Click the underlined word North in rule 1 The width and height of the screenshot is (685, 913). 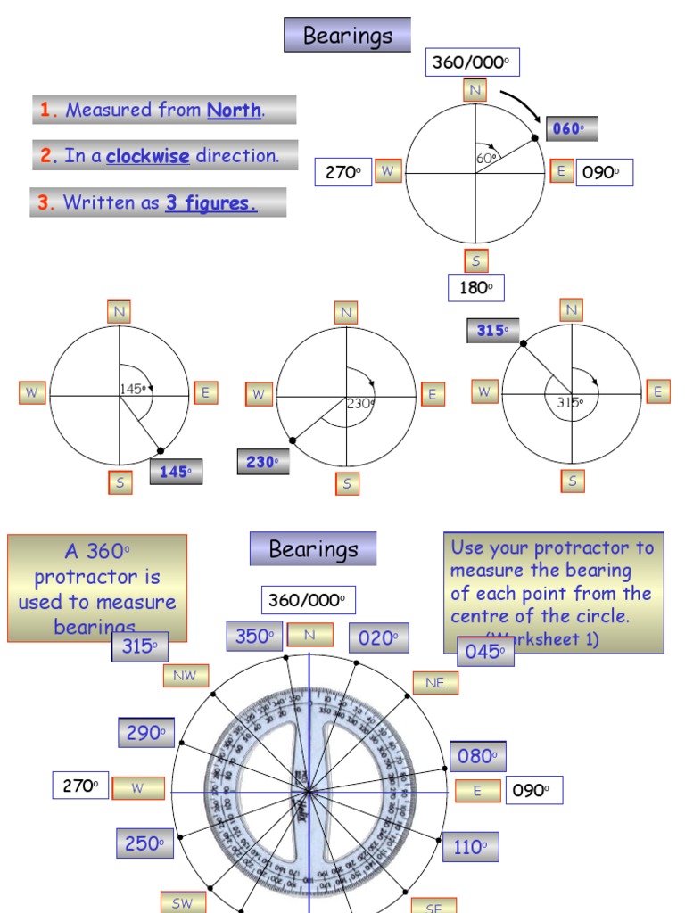point(234,111)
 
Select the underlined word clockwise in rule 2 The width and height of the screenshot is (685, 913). point(148,156)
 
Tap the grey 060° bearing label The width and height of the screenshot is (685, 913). point(571,129)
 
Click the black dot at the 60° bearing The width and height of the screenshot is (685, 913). point(535,137)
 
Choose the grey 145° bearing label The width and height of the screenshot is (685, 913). point(176,472)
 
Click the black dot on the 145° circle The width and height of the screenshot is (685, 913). point(160,451)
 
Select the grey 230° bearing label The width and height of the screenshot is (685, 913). point(263,462)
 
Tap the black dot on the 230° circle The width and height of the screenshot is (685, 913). point(293,440)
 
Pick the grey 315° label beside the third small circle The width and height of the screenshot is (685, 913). point(492,331)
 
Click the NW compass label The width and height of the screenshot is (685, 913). point(186,676)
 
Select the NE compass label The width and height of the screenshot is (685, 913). point(435,683)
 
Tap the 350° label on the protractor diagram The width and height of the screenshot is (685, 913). point(254,637)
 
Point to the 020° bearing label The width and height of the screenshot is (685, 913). point(378,637)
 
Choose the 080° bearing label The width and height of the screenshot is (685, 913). point(477,757)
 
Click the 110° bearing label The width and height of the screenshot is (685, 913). point(470,847)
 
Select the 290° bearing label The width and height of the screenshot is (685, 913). point(146,733)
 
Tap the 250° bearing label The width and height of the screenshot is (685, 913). point(144,843)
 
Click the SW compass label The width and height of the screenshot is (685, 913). point(183,902)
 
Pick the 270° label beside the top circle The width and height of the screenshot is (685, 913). point(342,172)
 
